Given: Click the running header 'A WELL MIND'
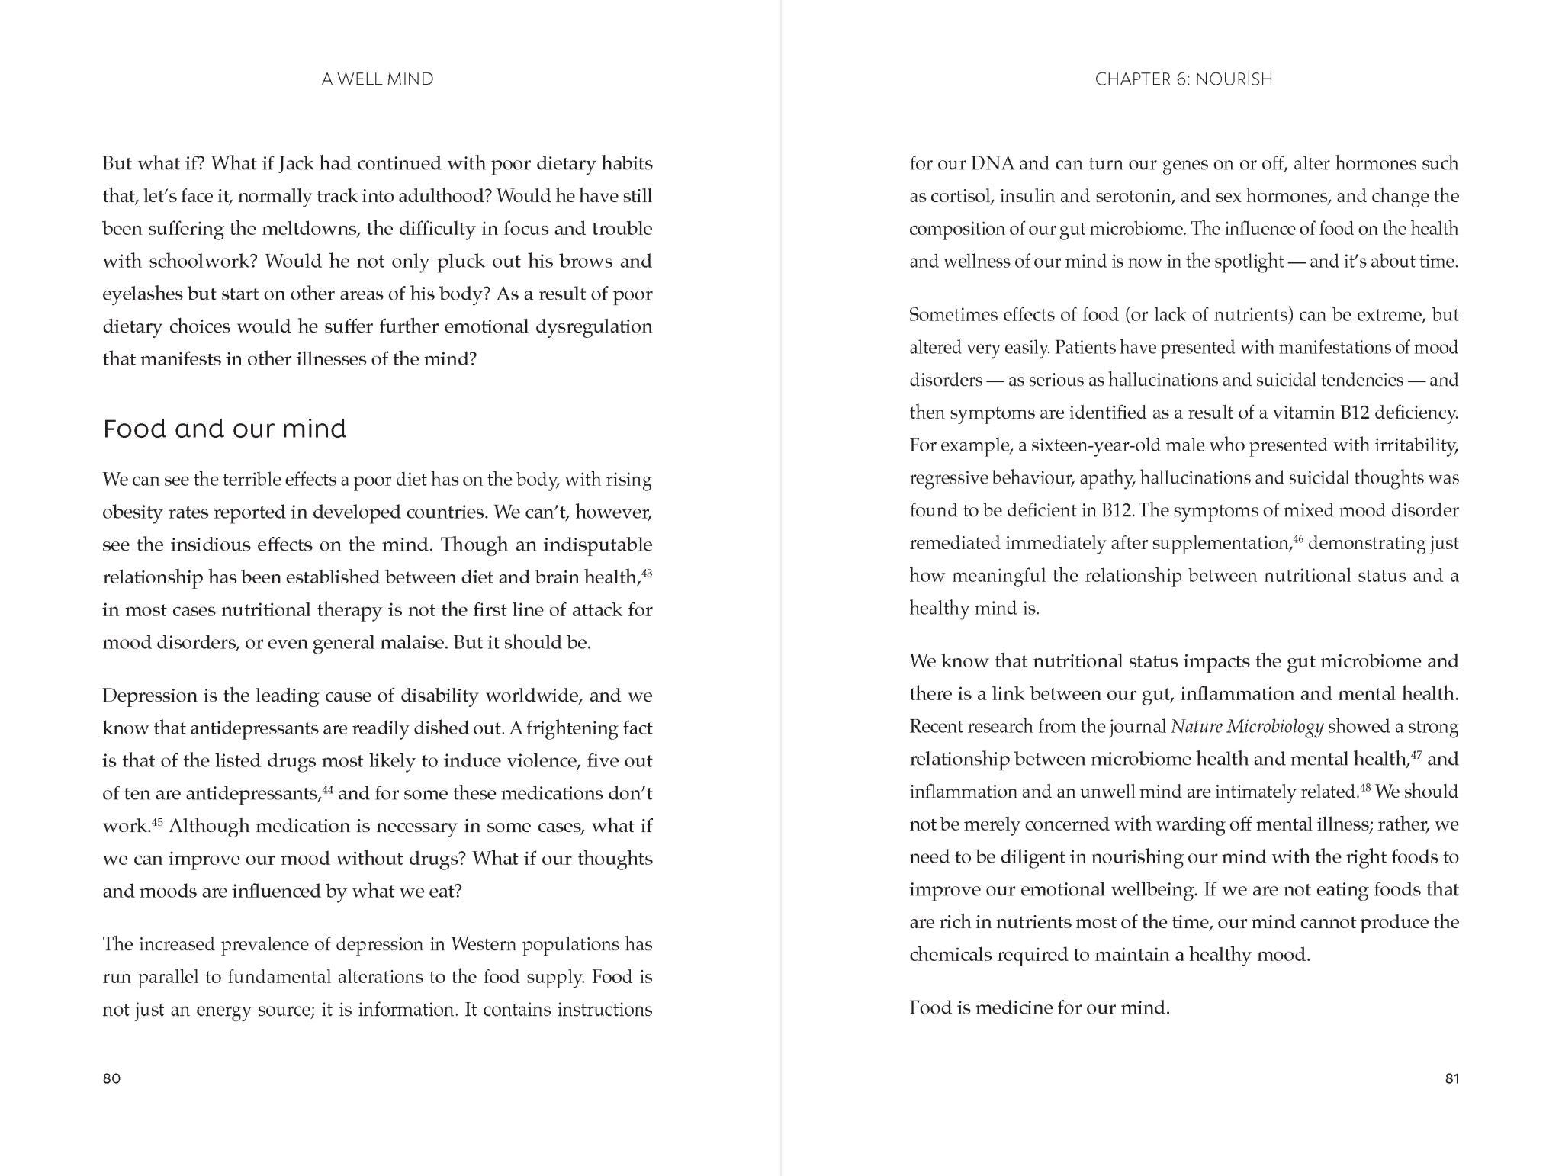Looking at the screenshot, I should tap(378, 79).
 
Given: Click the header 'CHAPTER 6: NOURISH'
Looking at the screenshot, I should tap(1184, 79).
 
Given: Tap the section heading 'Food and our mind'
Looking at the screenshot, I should tap(224, 429).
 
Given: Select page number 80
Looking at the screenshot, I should tap(111, 1078).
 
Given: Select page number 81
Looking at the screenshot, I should tap(1451, 1078).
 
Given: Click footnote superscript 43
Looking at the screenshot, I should tap(647, 572).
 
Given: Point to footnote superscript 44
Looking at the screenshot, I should tap(328, 789).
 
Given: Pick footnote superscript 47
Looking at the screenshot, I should tap(1416, 754).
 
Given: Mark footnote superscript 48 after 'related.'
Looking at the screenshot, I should tap(1365, 787).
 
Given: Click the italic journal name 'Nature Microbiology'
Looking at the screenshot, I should tap(1246, 727).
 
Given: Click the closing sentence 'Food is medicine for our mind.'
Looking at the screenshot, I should tap(1039, 1008).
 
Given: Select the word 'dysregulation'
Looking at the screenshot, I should tap(594, 327).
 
